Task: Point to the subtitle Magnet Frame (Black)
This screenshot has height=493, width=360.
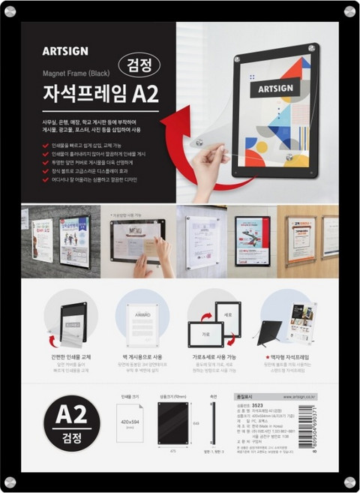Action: [73, 74]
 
